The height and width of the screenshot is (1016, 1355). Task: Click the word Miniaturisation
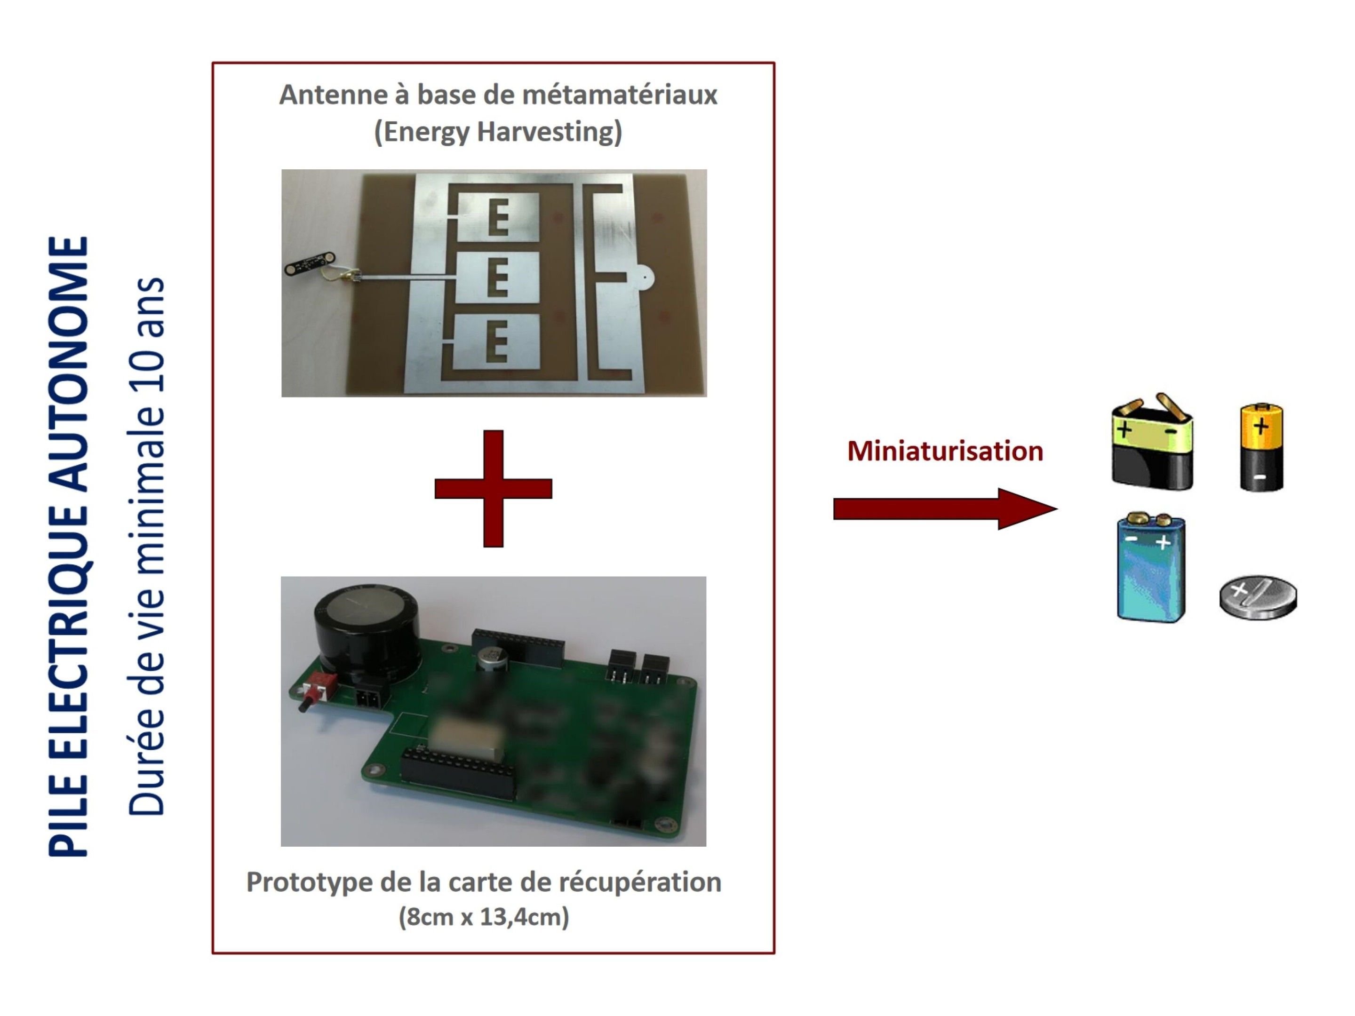click(x=945, y=452)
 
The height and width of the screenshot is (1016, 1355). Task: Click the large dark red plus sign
click(x=493, y=488)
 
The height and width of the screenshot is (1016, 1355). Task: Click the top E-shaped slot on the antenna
click(x=498, y=217)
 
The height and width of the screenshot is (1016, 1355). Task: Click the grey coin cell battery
click(x=1258, y=597)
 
